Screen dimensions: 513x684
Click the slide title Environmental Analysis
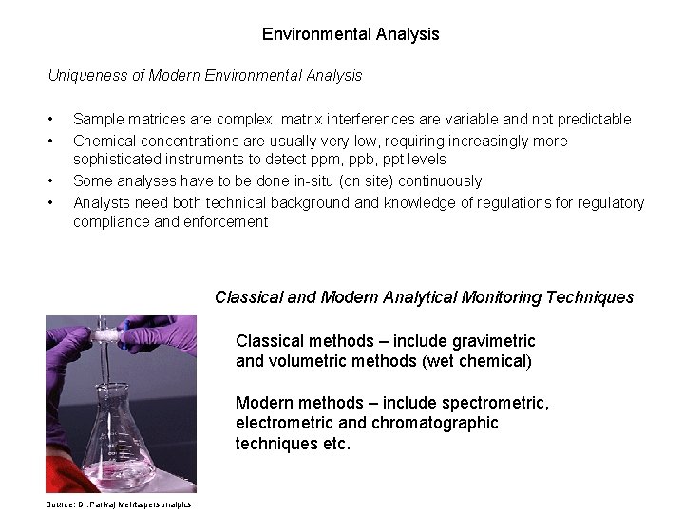(x=351, y=35)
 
